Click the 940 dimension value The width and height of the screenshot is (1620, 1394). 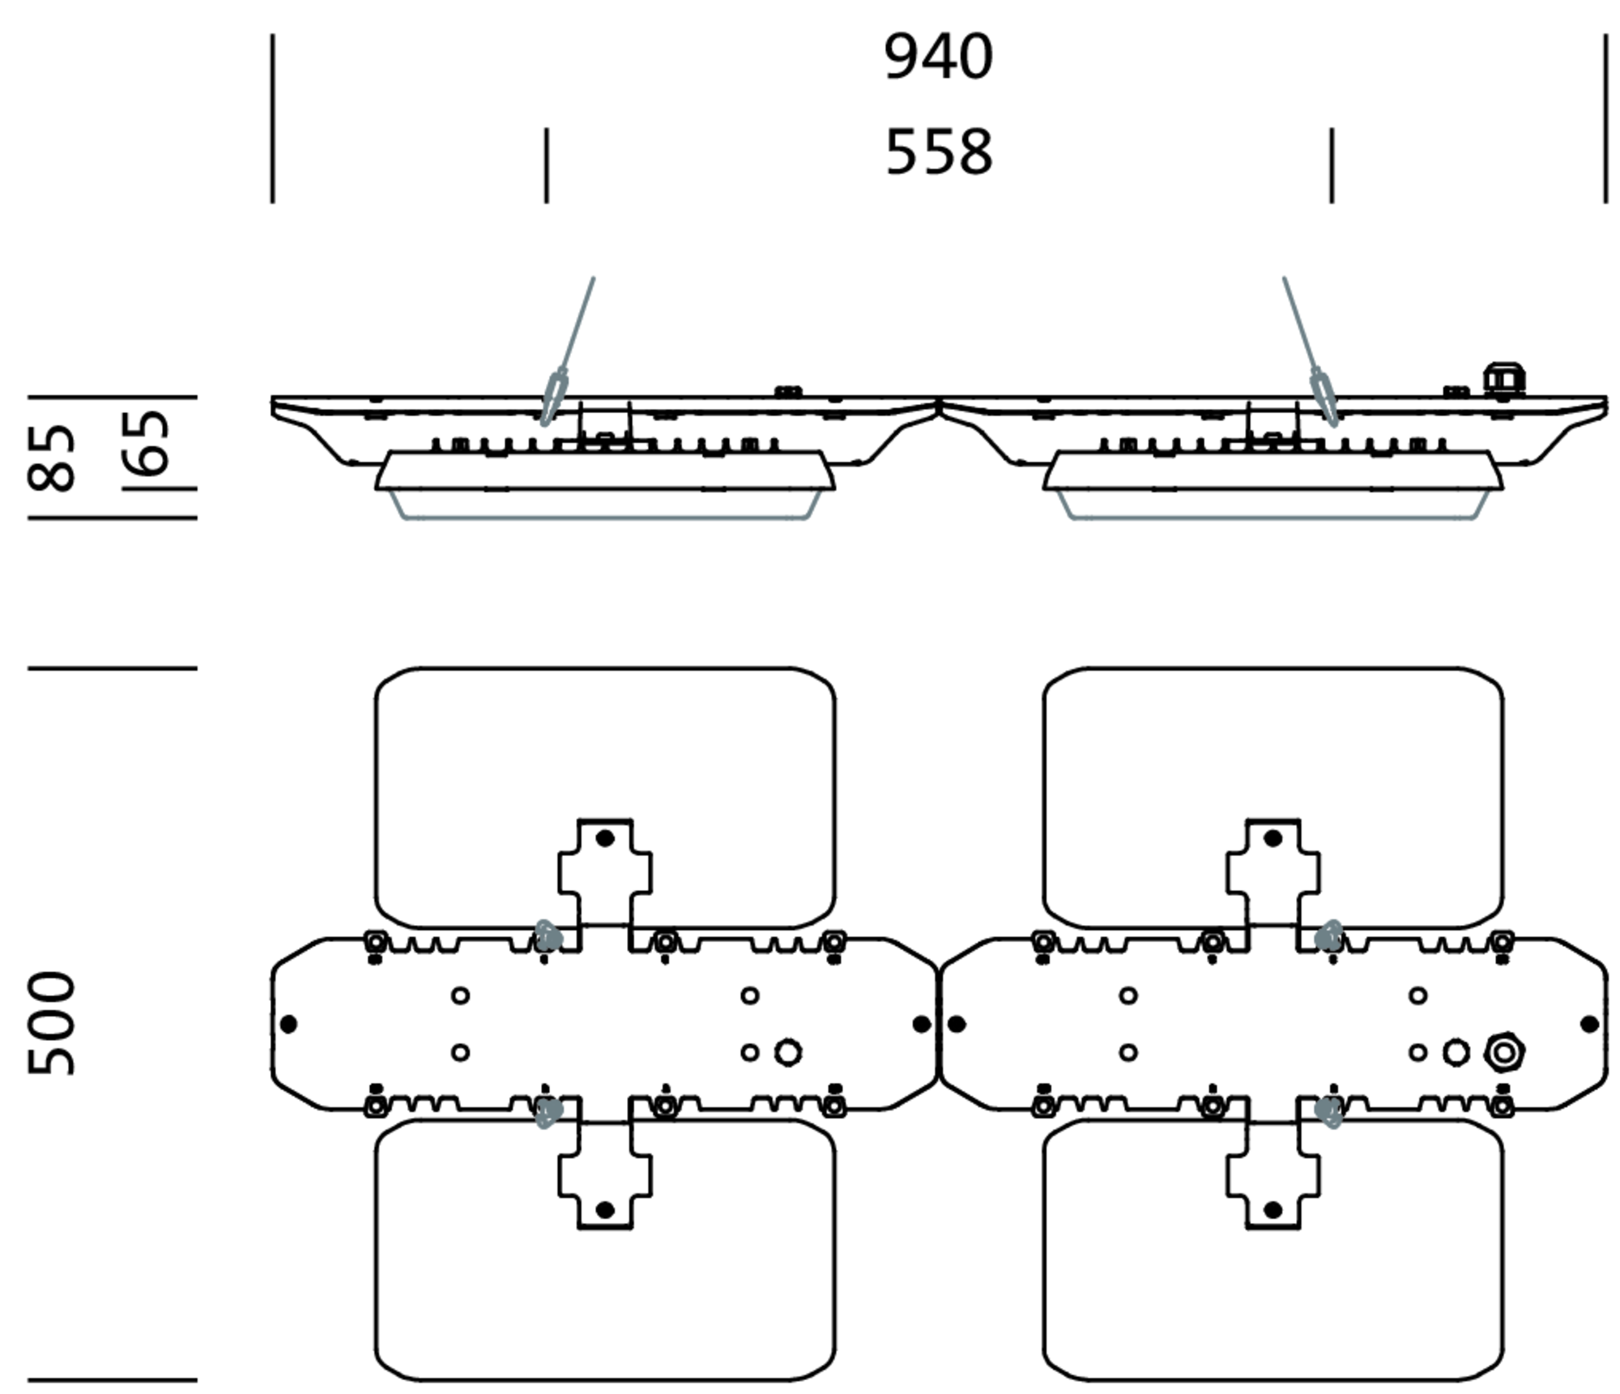coord(938,57)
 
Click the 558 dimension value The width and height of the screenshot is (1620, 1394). coord(938,151)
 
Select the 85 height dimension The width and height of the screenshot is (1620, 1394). coord(52,458)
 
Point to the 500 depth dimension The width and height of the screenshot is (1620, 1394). coord(52,1024)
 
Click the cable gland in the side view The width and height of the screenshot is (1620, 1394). coord(1503,379)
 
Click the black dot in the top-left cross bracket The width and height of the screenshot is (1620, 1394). coord(604,838)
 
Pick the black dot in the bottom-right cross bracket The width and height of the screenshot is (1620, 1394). coord(1273,1210)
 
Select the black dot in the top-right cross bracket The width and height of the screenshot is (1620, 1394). coord(1273,838)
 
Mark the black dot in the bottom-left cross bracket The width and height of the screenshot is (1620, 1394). coord(604,1210)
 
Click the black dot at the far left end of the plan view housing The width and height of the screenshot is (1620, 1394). coord(288,1024)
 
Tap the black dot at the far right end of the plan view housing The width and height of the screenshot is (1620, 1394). coord(1589,1024)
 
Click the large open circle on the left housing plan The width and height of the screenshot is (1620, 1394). coord(787,1052)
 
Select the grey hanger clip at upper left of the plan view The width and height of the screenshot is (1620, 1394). coord(548,936)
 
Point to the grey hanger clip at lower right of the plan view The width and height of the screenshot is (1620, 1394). coord(1328,1111)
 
